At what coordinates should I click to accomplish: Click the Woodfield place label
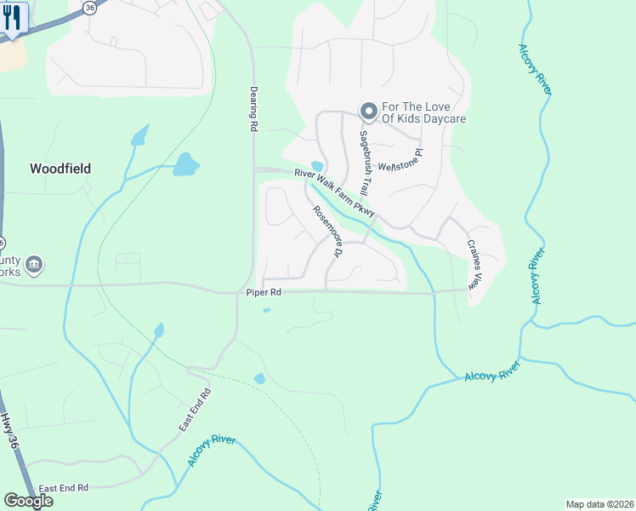(x=60, y=169)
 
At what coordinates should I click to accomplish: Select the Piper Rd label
(x=264, y=292)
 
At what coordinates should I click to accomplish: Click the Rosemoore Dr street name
(x=327, y=232)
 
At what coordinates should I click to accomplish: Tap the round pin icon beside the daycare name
(x=368, y=112)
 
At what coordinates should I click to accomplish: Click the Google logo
(x=28, y=501)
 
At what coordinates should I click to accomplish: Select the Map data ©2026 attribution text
(x=599, y=504)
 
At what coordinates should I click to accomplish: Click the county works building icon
(x=33, y=266)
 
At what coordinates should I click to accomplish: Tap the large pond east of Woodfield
(x=185, y=164)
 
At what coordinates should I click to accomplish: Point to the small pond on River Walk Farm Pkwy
(x=317, y=166)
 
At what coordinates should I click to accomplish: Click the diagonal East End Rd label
(x=195, y=409)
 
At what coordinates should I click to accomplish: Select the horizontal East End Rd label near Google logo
(x=64, y=488)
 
